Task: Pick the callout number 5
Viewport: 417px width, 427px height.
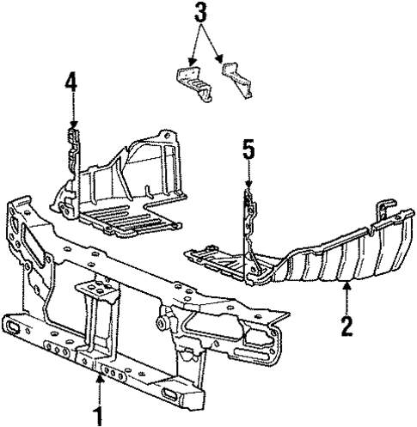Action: pos(248,151)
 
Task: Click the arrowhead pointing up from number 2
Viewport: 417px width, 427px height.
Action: pos(346,287)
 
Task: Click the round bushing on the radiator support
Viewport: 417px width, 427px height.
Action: pos(161,324)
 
